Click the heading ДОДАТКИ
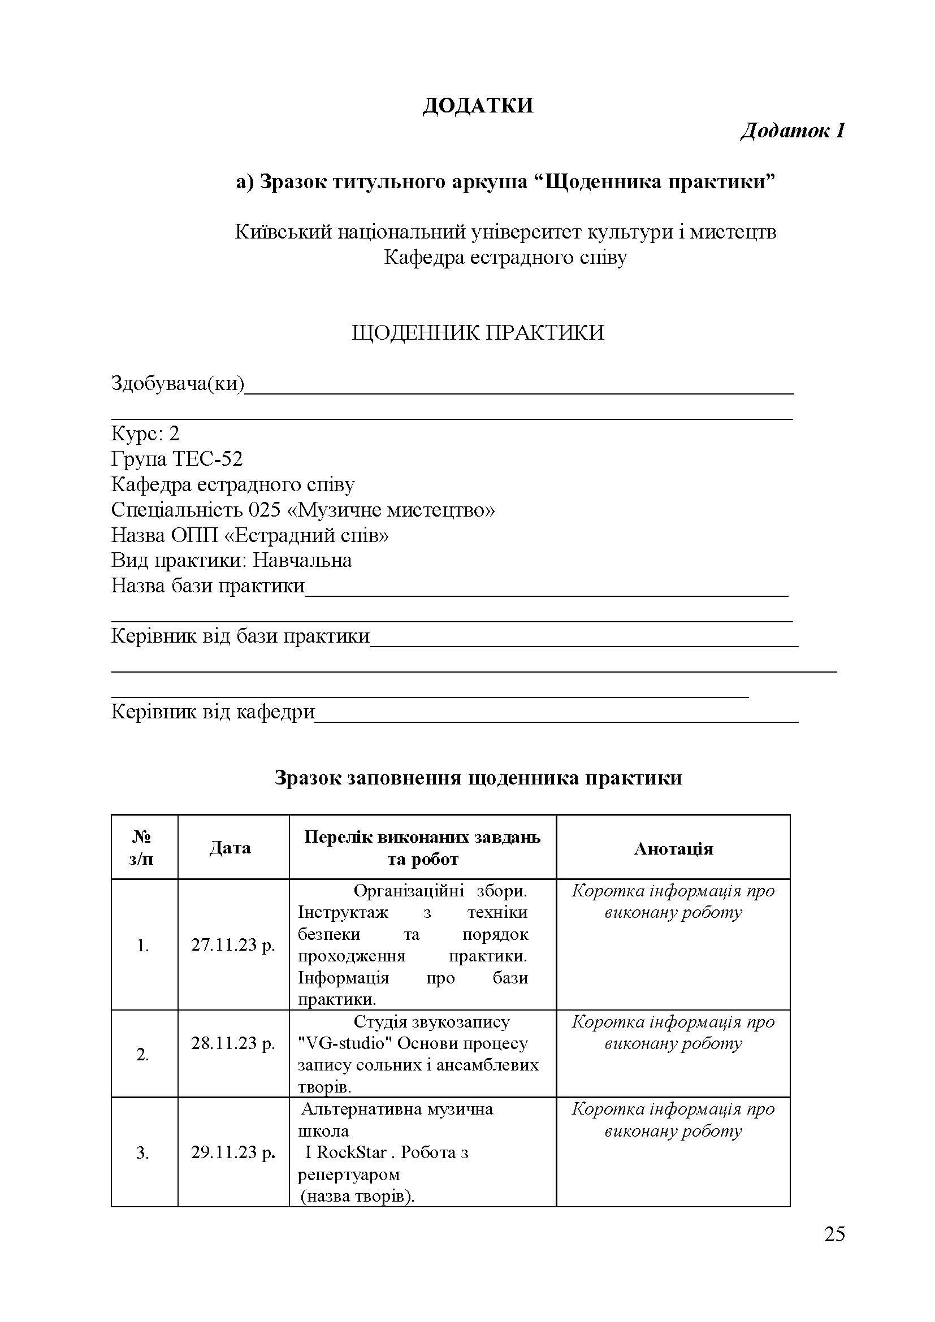pos(478,106)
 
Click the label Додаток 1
pos(791,131)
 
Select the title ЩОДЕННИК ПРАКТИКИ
pos(478,333)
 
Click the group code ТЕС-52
pos(208,459)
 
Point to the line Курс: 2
pos(145,434)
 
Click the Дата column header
pos(230,848)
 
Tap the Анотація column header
pos(673,849)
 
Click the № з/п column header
pos(142,848)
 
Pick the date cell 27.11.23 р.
pos(233,946)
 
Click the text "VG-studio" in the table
pos(345,1043)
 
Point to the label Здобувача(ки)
pos(178,383)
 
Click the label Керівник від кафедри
pos(213,712)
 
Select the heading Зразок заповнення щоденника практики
pos(478,778)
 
